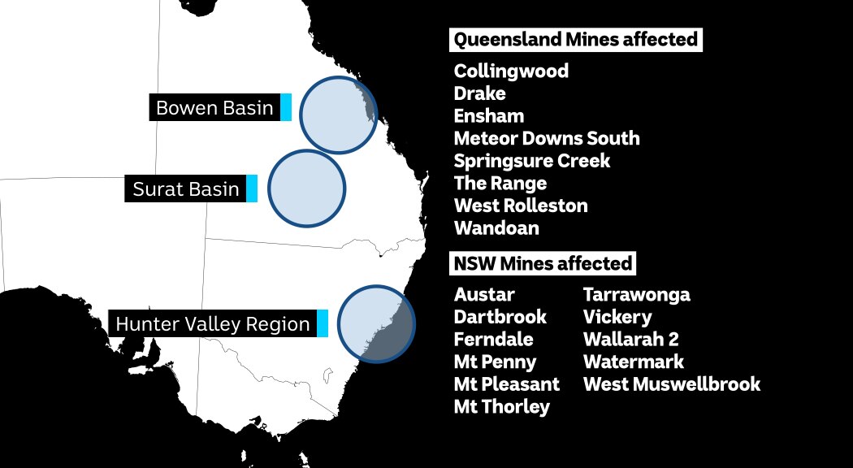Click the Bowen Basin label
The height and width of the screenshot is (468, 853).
pyautogui.click(x=214, y=108)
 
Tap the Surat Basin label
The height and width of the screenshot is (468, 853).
pyautogui.click(x=186, y=189)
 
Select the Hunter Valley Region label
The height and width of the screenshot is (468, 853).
pyautogui.click(x=213, y=324)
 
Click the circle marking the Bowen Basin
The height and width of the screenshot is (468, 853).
pyautogui.click(x=338, y=115)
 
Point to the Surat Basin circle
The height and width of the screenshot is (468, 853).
pyautogui.click(x=306, y=188)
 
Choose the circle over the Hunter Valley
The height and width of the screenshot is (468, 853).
pyautogui.click(x=376, y=323)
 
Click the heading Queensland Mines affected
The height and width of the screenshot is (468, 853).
pyautogui.click(x=575, y=40)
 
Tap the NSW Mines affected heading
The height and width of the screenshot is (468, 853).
pyautogui.click(x=543, y=263)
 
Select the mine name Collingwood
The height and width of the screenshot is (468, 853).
pyautogui.click(x=511, y=71)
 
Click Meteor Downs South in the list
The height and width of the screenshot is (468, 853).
pyautogui.click(x=547, y=138)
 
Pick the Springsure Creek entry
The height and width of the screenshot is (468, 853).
pyautogui.click(x=532, y=161)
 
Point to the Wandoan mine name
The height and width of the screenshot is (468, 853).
pyautogui.click(x=496, y=228)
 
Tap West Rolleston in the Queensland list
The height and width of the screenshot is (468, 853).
pyautogui.click(x=521, y=206)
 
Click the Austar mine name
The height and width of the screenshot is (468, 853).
pyautogui.click(x=484, y=294)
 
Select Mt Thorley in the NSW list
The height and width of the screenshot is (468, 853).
pyautogui.click(x=501, y=406)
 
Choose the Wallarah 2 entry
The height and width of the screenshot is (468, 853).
pyautogui.click(x=630, y=339)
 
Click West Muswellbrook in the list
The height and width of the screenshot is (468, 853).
pyautogui.click(x=672, y=383)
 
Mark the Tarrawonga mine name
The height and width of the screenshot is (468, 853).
pyautogui.click(x=636, y=294)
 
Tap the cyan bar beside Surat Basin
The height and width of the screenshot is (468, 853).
pyautogui.click(x=252, y=189)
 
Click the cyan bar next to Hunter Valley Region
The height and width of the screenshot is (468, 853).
pyautogui.click(x=323, y=324)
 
